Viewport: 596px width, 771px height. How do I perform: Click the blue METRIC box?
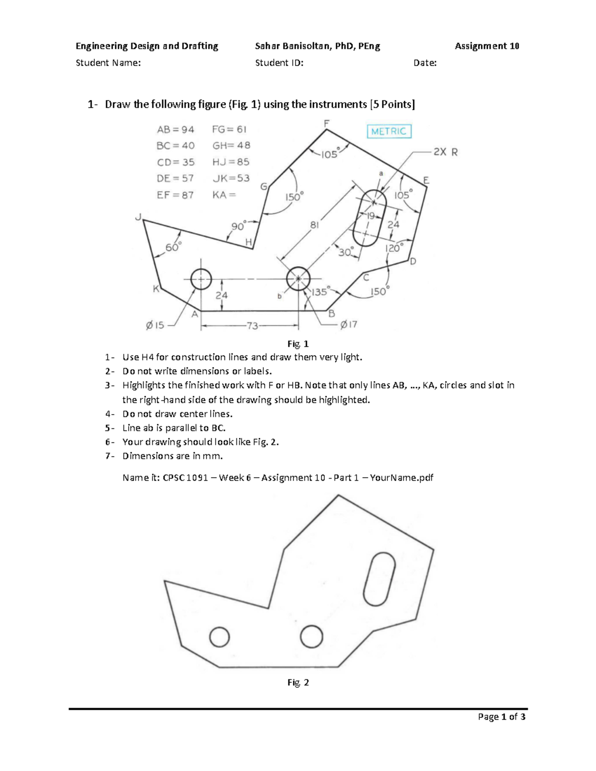[x=389, y=131]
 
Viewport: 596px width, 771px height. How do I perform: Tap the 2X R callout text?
[x=445, y=152]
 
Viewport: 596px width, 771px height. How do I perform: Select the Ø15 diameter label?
[x=155, y=325]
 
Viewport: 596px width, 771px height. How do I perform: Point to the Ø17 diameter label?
[x=349, y=325]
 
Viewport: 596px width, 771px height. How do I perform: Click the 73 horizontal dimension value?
[x=252, y=326]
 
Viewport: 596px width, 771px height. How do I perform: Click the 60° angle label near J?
[x=173, y=246]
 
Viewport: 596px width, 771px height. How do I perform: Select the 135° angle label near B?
[x=319, y=292]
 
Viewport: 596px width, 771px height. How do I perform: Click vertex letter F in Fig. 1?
[x=326, y=123]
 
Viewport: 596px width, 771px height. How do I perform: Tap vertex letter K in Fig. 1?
[x=156, y=289]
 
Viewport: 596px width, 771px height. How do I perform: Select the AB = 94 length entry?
[x=175, y=130]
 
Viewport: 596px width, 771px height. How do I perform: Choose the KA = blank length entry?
[x=224, y=195]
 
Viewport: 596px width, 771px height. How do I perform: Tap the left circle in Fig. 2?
[x=220, y=637]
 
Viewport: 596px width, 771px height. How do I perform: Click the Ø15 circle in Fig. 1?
[x=201, y=279]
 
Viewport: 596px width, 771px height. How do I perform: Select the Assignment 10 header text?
[x=487, y=46]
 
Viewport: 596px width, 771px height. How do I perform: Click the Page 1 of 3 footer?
[x=502, y=716]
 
